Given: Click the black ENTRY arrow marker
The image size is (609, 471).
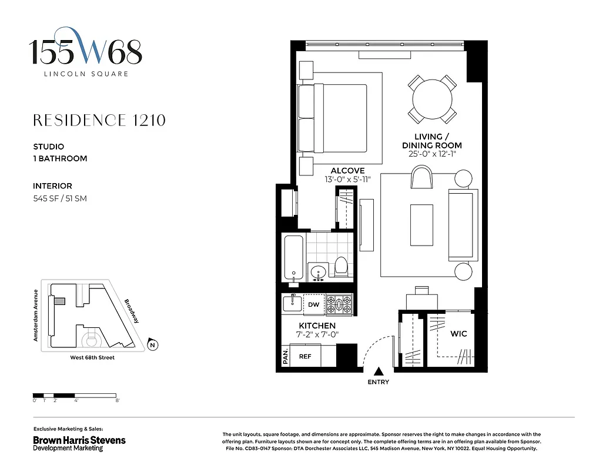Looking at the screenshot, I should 379,371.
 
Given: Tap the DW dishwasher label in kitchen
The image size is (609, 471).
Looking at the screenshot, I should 314,304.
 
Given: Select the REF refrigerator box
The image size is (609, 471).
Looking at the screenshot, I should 305,356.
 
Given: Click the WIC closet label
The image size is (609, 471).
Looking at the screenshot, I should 459,334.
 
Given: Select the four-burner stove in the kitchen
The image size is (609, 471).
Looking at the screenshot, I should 339,304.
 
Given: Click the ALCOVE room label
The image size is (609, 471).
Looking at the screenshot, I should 347,171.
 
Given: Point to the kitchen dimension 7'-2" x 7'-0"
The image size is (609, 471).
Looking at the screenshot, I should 317,335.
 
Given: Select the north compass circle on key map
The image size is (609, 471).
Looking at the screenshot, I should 152,345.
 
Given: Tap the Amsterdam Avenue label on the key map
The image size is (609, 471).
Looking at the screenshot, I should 36,316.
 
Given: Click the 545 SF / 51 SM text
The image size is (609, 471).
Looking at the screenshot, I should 60,198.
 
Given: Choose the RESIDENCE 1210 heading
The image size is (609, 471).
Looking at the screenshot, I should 99,121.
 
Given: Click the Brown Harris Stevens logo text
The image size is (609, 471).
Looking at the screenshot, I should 79,440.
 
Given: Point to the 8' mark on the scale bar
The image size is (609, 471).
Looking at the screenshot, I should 118,400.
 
